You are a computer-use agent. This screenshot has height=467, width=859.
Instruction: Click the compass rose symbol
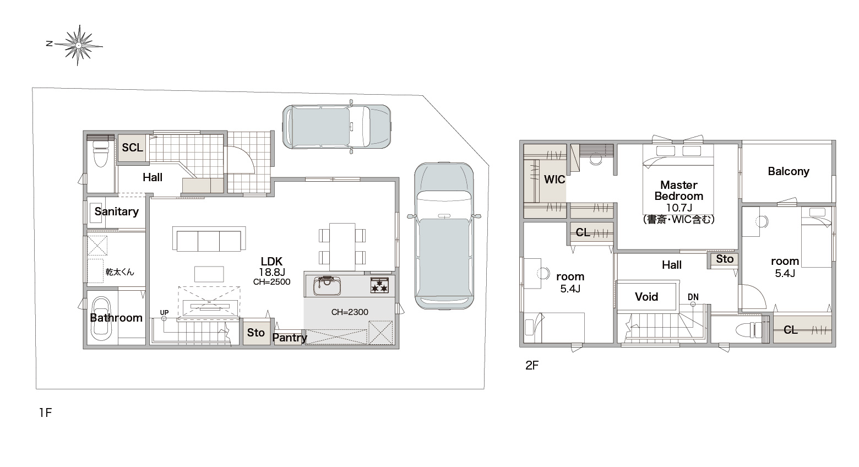pyautogui.click(x=78, y=45)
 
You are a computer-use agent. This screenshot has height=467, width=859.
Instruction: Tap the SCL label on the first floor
pyautogui.click(x=132, y=148)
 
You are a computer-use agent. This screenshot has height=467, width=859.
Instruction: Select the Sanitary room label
pyautogui.click(x=117, y=211)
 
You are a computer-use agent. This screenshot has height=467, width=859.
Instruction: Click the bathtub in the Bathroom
pyautogui.click(x=101, y=318)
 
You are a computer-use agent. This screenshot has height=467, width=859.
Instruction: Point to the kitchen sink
pyautogui.click(x=327, y=286)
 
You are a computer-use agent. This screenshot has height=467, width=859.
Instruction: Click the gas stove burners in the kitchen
pyautogui.click(x=379, y=285)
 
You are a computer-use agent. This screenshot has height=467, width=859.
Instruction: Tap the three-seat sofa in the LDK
pyautogui.click(x=209, y=239)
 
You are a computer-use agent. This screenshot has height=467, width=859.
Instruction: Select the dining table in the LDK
pyautogui.click(x=342, y=246)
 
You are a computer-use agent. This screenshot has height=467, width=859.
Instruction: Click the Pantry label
pyautogui.click(x=290, y=338)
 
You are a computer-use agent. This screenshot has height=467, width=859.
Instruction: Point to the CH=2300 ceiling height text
pyautogui.click(x=350, y=312)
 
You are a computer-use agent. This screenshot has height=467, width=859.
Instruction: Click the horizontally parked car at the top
pyautogui.click(x=336, y=127)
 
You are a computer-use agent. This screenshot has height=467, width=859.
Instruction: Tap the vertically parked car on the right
pyautogui.click(x=444, y=236)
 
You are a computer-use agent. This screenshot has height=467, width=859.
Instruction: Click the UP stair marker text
pyautogui.click(x=164, y=312)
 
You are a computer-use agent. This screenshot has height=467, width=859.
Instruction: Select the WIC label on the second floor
pyautogui.click(x=554, y=180)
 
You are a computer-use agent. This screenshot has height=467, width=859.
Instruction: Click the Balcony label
pyautogui.click(x=789, y=171)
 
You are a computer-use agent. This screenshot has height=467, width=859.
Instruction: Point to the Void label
pyautogui.click(x=646, y=297)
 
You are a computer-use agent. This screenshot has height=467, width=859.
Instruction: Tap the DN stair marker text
pyautogui.click(x=693, y=297)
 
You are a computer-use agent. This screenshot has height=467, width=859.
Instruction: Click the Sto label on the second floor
pyautogui.click(x=725, y=259)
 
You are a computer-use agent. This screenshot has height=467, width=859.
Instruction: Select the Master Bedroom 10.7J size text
pyautogui.click(x=679, y=208)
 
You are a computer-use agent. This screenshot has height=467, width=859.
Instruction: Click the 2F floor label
pyautogui.click(x=532, y=366)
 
